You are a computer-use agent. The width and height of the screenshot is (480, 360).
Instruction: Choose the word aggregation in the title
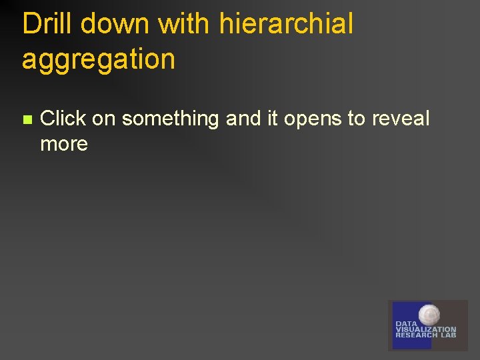click(98, 59)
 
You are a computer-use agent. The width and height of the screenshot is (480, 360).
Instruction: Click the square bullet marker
click(27, 120)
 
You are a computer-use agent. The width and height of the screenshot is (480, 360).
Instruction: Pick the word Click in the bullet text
click(63, 119)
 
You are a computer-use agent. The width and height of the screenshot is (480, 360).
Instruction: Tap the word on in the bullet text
click(104, 119)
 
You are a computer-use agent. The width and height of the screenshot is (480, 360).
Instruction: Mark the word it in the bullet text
click(272, 119)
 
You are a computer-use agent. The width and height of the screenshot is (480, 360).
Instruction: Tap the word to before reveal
click(357, 119)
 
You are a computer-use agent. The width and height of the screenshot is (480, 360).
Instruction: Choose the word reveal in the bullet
click(401, 119)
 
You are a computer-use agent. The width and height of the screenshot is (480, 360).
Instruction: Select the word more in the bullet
click(64, 144)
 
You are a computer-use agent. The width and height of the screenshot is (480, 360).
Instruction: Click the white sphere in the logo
click(429, 314)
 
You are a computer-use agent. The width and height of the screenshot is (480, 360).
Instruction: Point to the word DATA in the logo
click(406, 323)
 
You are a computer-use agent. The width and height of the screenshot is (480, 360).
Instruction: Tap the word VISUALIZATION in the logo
click(426, 329)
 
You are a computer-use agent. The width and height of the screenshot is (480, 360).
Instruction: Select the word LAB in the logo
click(448, 335)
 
